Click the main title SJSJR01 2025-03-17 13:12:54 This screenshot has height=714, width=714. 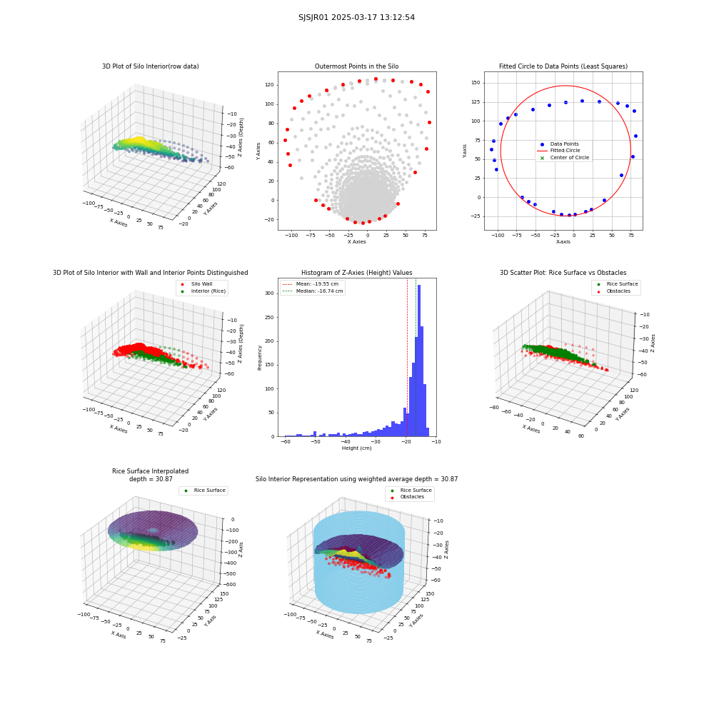[356, 17]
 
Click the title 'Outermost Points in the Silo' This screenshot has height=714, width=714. [356, 66]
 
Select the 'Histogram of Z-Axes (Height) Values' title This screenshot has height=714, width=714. [356, 273]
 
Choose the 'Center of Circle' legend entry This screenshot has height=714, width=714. [565, 158]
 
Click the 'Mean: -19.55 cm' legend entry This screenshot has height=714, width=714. [311, 284]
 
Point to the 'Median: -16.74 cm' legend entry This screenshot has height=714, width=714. [313, 291]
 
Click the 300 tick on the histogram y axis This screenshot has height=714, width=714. [270, 293]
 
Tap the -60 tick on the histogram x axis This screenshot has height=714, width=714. [286, 442]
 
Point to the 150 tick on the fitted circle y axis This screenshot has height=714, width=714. [476, 83]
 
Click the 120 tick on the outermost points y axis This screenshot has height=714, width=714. [270, 85]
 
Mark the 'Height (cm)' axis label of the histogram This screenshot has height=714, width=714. [356, 448]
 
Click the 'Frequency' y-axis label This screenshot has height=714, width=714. [260, 358]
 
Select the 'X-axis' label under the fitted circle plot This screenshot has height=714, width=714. [563, 242]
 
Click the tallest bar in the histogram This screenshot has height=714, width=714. [419, 361]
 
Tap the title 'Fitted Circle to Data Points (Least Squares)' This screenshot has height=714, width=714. [563, 66]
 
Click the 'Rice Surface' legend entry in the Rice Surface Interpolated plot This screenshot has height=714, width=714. [204, 491]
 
